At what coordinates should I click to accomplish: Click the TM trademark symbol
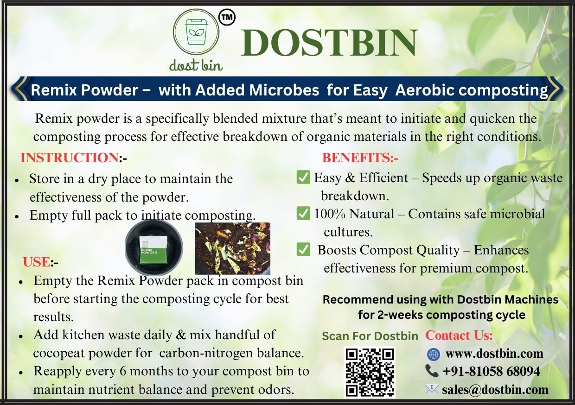(227, 17)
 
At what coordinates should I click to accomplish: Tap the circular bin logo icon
(196, 32)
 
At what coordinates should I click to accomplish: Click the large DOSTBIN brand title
(329, 42)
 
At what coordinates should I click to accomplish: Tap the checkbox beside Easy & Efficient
(303, 177)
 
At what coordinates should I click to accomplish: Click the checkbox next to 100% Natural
(303, 214)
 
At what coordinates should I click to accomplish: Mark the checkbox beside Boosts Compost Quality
(303, 250)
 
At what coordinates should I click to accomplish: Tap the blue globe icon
(433, 354)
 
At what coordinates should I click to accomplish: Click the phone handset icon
(432, 371)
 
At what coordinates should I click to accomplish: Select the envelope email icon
(432, 389)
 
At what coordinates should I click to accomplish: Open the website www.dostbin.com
(494, 354)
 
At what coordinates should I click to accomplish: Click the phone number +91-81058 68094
(491, 371)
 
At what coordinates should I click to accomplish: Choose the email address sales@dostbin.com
(495, 390)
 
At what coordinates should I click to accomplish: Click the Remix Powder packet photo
(154, 250)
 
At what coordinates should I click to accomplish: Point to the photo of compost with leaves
(233, 248)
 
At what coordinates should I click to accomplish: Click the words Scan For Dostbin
(370, 336)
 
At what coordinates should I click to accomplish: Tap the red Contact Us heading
(459, 335)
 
